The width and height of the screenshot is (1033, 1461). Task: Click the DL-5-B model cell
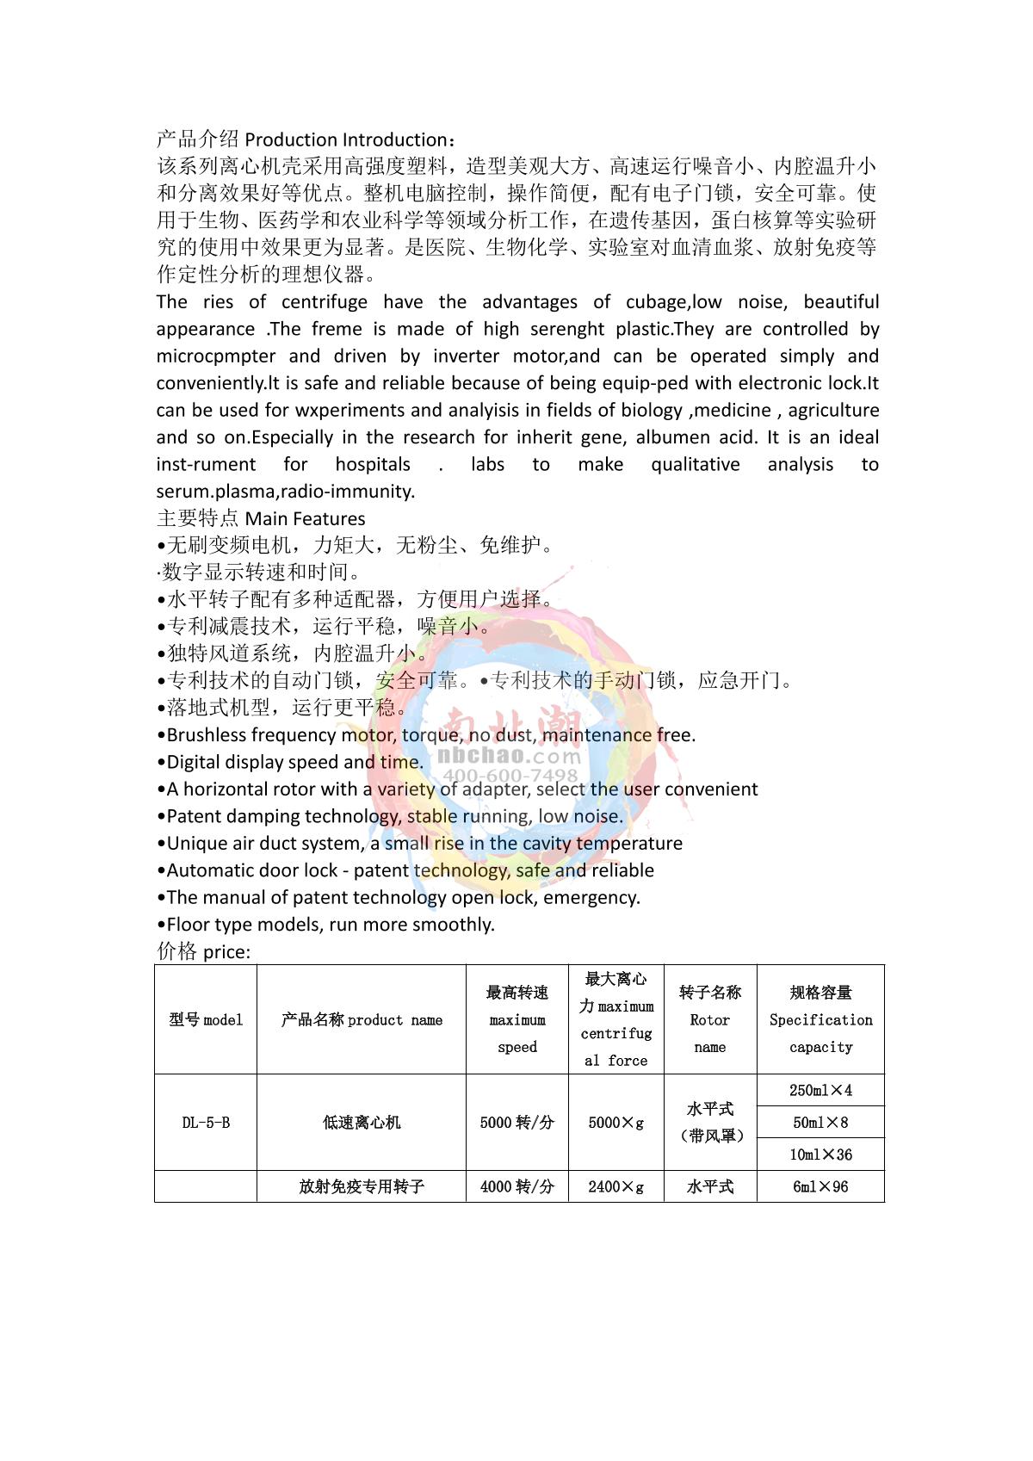(x=206, y=1123)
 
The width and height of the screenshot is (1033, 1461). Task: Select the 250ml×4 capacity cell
(x=820, y=1090)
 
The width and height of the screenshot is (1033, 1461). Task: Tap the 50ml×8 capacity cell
(x=820, y=1123)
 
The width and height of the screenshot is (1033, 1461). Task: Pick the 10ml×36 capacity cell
(x=820, y=1155)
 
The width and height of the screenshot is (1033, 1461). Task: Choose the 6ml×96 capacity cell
(x=820, y=1186)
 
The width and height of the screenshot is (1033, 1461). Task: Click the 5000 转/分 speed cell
(x=516, y=1123)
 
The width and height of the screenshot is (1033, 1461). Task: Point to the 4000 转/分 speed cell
(x=516, y=1186)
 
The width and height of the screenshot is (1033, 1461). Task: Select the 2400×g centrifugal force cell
(x=615, y=1186)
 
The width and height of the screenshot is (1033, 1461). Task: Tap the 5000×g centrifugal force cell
(x=615, y=1123)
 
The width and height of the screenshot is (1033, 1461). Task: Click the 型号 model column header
(x=206, y=1020)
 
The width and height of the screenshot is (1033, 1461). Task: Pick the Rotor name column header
(x=709, y=1020)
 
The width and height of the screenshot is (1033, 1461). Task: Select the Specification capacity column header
(x=820, y=1020)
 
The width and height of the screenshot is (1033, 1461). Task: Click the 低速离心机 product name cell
(x=362, y=1123)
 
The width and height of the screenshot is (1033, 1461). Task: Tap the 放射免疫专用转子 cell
(x=362, y=1186)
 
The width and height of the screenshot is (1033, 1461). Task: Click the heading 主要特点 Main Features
(x=261, y=518)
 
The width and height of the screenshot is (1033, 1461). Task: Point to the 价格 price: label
(x=204, y=951)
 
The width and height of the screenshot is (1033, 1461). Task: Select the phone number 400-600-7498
(x=510, y=776)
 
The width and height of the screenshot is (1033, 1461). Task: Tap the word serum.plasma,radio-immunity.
(x=286, y=492)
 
